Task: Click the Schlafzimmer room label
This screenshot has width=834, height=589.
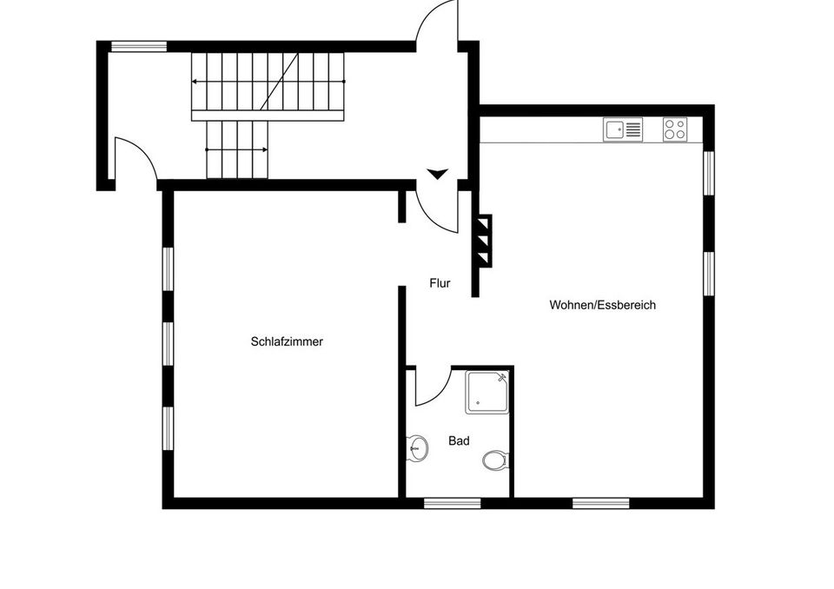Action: (287, 341)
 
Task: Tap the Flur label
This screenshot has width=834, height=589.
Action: (440, 283)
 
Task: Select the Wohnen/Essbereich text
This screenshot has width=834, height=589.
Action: (603, 306)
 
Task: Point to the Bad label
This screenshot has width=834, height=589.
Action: (459, 441)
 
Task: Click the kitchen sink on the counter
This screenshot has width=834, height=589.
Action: (623, 129)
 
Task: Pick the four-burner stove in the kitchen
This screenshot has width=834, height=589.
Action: (675, 129)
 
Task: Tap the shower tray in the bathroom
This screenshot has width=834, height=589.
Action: (487, 393)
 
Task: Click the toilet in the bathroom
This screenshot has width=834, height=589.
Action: (496, 460)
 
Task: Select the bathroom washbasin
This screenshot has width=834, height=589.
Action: (418, 448)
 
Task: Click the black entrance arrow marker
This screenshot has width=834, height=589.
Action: (438, 174)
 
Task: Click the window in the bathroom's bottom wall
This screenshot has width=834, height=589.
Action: (452, 503)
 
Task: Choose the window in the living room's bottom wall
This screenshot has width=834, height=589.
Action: (600, 503)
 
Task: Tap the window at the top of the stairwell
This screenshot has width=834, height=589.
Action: (139, 46)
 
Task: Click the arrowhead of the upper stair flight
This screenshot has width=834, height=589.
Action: (195, 82)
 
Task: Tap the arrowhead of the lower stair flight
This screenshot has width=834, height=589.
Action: (265, 150)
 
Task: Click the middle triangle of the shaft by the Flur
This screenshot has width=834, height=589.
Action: (483, 241)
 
